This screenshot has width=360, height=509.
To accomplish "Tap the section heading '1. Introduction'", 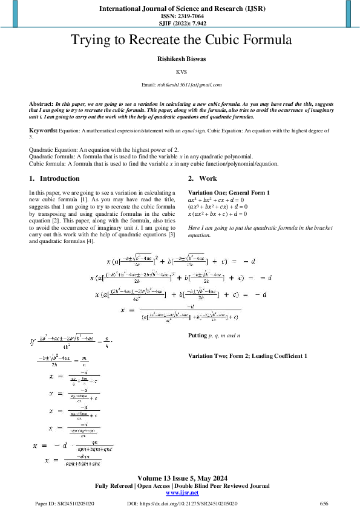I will click(54, 178).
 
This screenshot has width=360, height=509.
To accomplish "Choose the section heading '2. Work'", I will click(202, 178).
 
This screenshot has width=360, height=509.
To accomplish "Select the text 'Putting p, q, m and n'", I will click(214, 335).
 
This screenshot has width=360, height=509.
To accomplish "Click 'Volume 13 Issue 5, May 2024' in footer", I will click(180, 477).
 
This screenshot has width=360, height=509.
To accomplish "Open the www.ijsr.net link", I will click(180, 493).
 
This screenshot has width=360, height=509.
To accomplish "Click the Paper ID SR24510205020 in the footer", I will click(64, 503).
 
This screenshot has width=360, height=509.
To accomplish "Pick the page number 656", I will click(324, 503).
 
